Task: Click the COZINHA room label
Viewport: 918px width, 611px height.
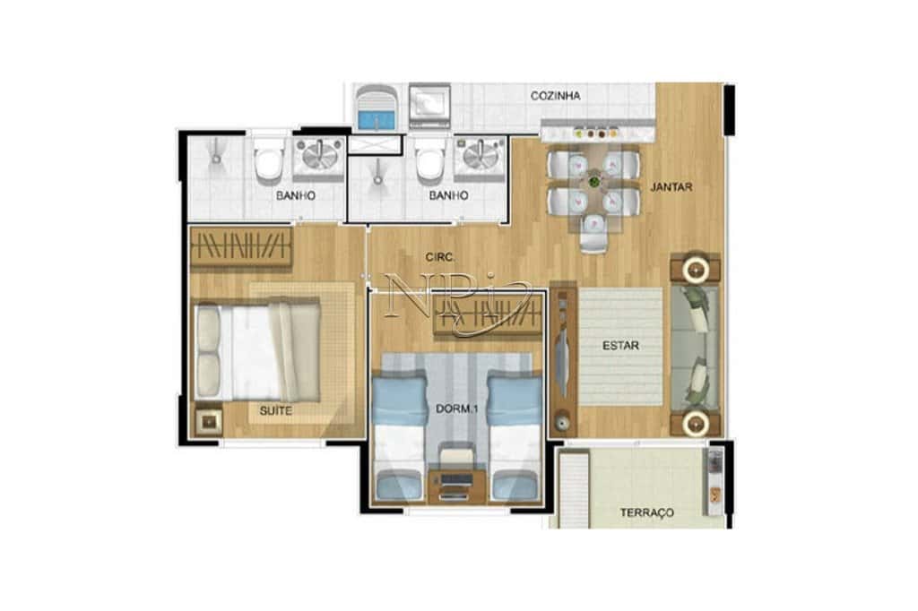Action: click(555, 95)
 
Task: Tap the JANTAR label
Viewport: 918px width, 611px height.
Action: click(671, 186)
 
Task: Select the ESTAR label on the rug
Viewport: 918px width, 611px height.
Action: click(620, 345)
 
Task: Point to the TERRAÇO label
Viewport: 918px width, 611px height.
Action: click(647, 512)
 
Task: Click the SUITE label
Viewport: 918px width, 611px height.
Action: click(276, 411)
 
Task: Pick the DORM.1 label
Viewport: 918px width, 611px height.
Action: click(456, 409)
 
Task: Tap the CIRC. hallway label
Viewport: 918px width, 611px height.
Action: click(440, 257)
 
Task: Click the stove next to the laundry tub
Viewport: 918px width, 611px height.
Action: click(429, 106)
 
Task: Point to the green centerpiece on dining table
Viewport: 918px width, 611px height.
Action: click(594, 181)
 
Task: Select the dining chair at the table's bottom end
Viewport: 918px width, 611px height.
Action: click(593, 232)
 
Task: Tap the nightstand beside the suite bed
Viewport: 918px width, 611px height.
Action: click(208, 420)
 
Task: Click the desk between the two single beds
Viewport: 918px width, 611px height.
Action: click(456, 485)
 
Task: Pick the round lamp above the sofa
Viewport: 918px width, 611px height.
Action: click(696, 269)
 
